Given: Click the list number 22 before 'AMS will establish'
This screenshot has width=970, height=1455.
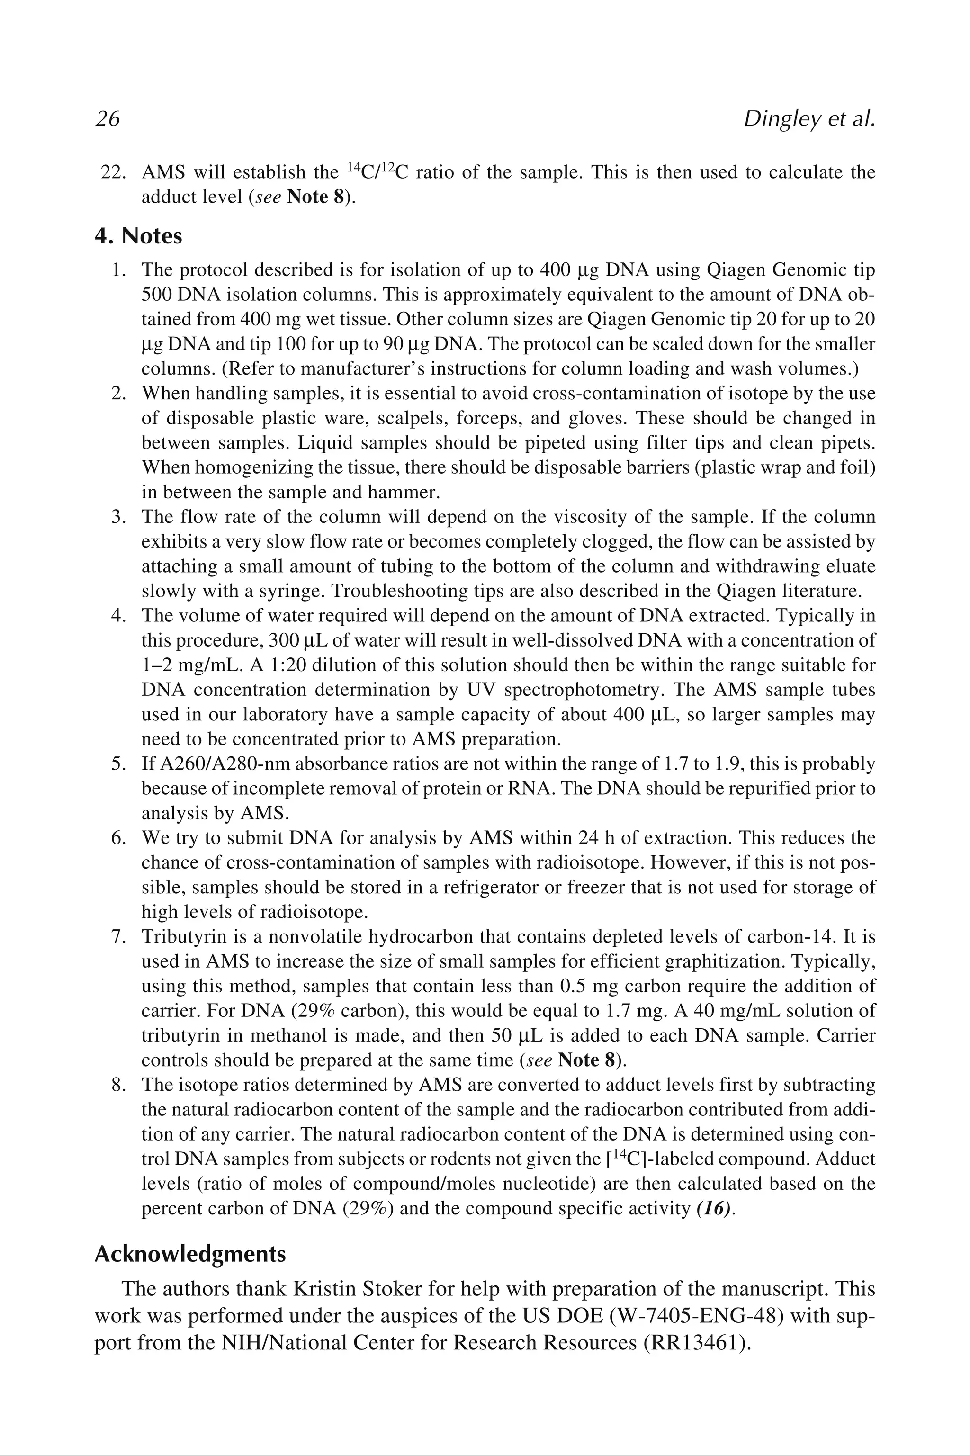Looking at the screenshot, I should [x=113, y=172].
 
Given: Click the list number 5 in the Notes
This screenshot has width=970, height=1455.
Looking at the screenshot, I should [x=118, y=764].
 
